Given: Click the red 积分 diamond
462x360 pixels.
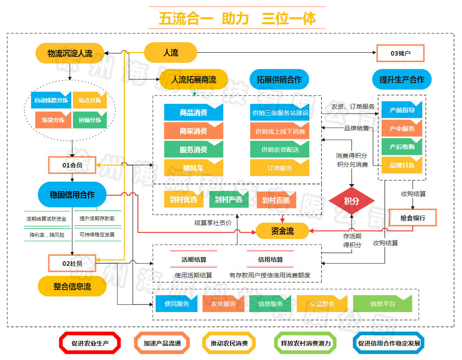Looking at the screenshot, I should [352, 201].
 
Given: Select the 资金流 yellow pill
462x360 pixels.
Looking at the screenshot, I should [282, 231].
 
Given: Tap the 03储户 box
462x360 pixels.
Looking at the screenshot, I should [400, 53].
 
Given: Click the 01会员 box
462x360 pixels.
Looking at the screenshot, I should [72, 165].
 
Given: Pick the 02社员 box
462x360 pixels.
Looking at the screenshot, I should [72, 263].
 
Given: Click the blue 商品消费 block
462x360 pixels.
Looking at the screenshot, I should [193, 112].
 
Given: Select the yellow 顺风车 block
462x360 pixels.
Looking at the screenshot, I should [193, 168].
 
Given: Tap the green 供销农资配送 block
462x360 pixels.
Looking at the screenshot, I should [280, 149].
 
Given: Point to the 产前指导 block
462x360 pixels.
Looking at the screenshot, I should [402, 110].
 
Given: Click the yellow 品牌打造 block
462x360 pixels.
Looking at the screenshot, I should [402, 165].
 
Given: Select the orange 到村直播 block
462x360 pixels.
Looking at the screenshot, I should [276, 200].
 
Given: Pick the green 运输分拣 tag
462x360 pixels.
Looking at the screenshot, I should [89, 120].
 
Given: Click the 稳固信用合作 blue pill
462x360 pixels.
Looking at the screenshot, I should [72, 194].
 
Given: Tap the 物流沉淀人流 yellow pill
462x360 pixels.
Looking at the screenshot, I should [70, 53].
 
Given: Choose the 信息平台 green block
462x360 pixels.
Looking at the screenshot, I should [382, 304].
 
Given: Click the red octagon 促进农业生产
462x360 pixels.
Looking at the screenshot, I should [90, 343].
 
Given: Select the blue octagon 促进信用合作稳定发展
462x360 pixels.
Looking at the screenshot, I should [389, 343].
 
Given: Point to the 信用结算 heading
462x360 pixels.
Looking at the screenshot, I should [270, 260].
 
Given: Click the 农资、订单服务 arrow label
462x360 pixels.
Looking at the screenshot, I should [353, 107].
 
